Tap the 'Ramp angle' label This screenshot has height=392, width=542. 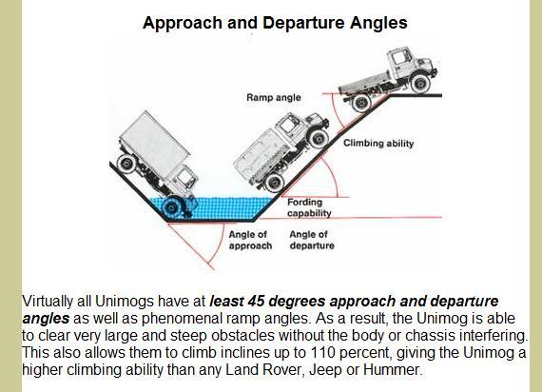(273, 97)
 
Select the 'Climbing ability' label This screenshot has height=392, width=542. (378, 144)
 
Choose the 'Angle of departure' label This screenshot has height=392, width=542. (312, 240)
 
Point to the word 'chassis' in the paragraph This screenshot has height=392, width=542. (436, 336)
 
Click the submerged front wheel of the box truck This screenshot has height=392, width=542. (171, 205)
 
